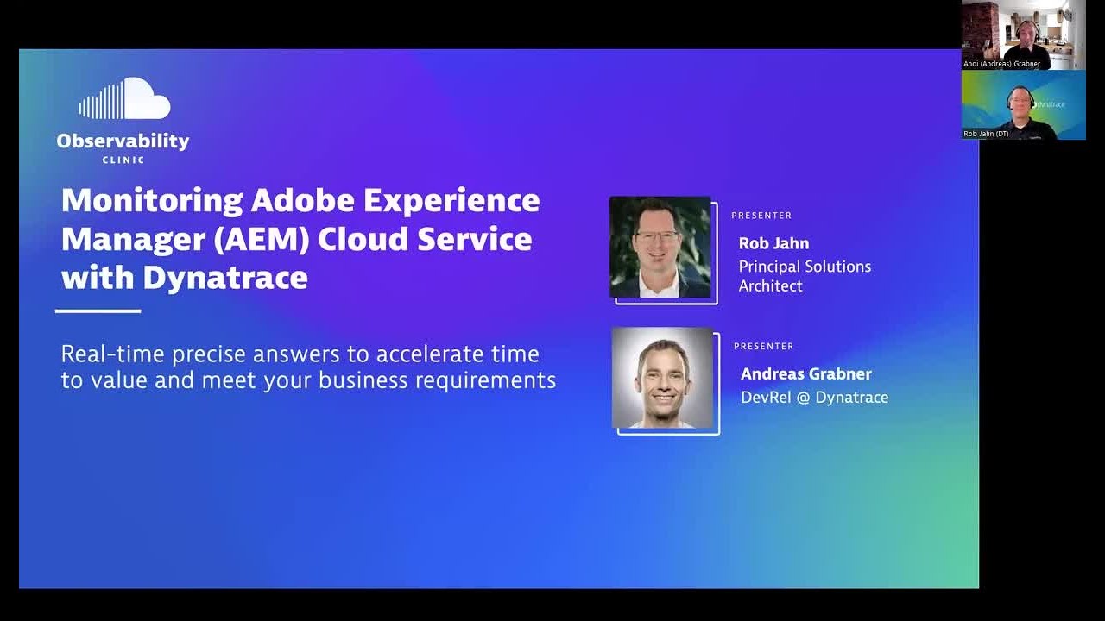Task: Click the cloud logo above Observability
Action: pyautogui.click(x=124, y=100)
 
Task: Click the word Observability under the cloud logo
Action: pyautogui.click(x=123, y=141)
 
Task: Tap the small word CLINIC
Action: pyautogui.click(x=123, y=160)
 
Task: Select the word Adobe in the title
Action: pyautogui.click(x=302, y=200)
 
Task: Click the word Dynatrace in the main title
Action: pyautogui.click(x=225, y=278)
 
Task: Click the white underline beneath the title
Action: pyautogui.click(x=98, y=310)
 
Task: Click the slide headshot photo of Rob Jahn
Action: pyautogui.click(x=661, y=248)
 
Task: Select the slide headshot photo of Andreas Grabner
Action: pyautogui.click(x=663, y=378)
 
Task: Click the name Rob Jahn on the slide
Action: pyautogui.click(x=773, y=243)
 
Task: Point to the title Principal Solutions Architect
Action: pyautogui.click(x=804, y=276)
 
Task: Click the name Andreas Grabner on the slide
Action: pyautogui.click(x=805, y=373)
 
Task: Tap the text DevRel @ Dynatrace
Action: pyautogui.click(x=814, y=397)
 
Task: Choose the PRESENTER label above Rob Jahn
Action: pyautogui.click(x=761, y=216)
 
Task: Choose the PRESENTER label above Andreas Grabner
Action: pyautogui.click(x=763, y=346)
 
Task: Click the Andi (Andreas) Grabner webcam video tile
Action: pyautogui.click(x=1023, y=34)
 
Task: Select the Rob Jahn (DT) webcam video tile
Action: pyautogui.click(x=1023, y=104)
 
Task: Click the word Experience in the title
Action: pyautogui.click(x=451, y=200)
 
